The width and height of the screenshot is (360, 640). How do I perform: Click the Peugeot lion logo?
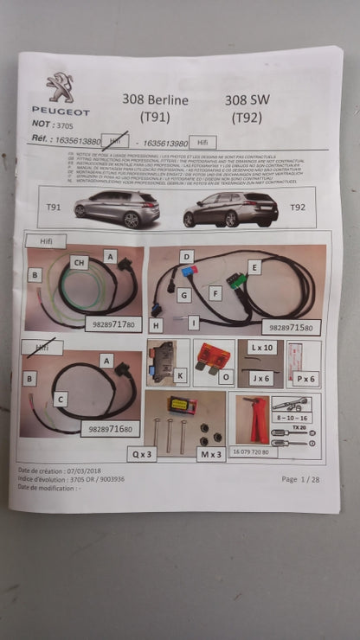(x=61, y=89)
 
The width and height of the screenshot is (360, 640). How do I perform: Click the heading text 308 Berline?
(x=156, y=100)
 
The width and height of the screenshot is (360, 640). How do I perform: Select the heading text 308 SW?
(x=247, y=99)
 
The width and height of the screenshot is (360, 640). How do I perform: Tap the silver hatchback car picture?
(x=117, y=208)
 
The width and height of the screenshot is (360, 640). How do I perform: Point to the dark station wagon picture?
(x=230, y=208)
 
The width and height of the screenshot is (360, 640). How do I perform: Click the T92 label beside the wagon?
(x=297, y=208)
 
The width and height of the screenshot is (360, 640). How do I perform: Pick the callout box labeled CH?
(x=79, y=262)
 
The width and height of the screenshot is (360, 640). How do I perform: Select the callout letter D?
(x=186, y=257)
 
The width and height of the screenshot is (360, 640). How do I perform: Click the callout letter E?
(x=254, y=268)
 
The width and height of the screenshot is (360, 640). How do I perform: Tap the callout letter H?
(x=156, y=325)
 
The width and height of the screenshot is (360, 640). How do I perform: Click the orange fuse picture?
(x=212, y=355)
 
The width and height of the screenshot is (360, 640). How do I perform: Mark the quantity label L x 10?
(x=261, y=347)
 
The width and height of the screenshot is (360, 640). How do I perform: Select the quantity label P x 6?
(x=306, y=379)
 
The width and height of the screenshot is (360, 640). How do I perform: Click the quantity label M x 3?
(x=210, y=452)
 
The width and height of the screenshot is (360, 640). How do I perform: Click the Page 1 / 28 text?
(x=299, y=478)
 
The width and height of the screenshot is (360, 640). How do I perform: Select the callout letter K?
(x=179, y=375)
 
